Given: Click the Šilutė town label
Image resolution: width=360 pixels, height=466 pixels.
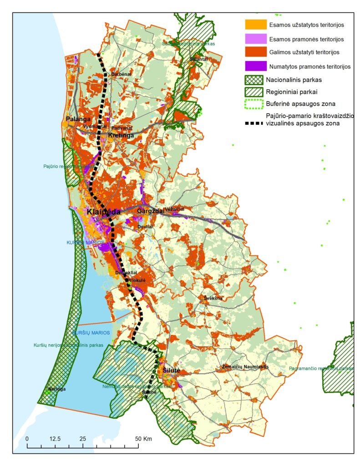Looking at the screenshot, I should pos(172,371).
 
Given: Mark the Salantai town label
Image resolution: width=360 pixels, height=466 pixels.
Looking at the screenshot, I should pos(199,59).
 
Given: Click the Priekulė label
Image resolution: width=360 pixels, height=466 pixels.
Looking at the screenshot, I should pos(137,281).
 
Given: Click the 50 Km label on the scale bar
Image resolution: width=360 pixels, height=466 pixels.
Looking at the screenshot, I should pos(144,439).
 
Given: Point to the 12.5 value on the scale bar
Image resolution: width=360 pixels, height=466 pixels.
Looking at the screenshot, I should pos(55,439).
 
